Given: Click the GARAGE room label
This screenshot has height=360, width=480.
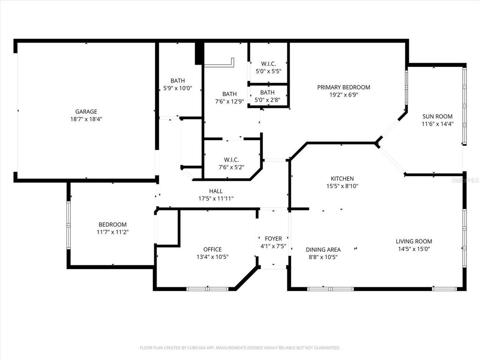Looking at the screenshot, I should point(86,112).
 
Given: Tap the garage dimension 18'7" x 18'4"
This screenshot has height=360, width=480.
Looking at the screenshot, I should point(86,119).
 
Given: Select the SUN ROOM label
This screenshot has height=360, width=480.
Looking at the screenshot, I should point(437,116).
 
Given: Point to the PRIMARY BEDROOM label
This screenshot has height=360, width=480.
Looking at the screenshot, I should point(344,87).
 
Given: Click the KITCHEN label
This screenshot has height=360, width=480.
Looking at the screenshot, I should point(342,179).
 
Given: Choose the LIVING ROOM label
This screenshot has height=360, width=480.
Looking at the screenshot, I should point(414,241).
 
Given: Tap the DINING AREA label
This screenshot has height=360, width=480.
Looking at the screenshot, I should point(323,249).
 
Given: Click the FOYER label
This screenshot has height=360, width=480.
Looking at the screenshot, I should point(273,239).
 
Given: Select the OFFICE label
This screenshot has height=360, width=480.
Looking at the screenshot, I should point(212,249).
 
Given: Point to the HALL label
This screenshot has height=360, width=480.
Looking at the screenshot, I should point(216,191).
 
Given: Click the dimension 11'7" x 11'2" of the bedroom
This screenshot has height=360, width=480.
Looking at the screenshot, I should point(112,232).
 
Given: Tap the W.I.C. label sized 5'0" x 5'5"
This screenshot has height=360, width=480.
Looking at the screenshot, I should point(268,64).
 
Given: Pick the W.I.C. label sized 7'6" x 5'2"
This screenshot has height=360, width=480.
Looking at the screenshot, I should point(232,159).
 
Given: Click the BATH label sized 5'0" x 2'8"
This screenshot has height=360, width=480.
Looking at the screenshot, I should point(267,92).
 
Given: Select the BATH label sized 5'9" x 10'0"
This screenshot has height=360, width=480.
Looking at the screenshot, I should point(178,81).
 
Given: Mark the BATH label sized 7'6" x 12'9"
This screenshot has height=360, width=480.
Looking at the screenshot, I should point(229,94).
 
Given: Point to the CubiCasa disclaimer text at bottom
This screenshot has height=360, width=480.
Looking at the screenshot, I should point(240,348).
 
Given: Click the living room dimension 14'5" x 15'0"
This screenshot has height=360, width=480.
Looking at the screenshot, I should point(414,249).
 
